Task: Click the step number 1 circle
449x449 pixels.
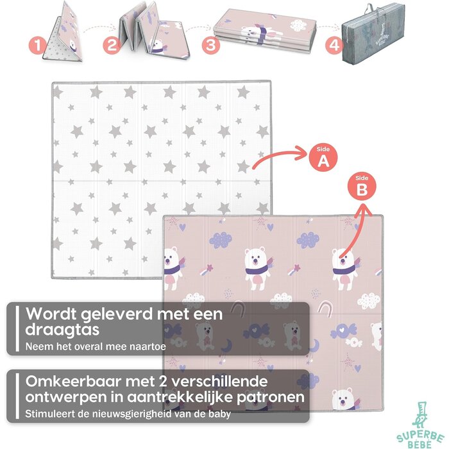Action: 38,46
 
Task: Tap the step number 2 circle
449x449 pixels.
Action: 112,46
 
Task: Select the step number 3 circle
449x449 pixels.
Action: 211,46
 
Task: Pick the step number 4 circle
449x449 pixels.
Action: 334,46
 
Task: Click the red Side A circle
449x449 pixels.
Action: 323,158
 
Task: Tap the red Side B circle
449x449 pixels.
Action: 362,187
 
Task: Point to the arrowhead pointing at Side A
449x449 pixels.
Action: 301,153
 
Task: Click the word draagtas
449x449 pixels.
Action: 62,330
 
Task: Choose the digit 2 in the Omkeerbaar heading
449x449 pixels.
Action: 163,382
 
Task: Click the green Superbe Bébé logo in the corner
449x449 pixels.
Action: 420,425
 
